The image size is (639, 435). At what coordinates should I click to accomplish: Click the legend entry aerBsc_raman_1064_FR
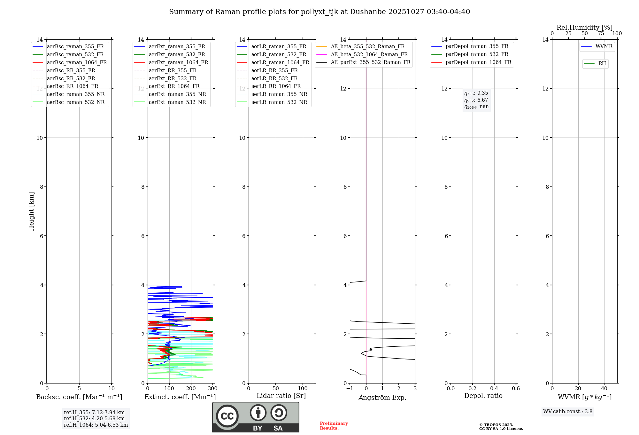point(77,63)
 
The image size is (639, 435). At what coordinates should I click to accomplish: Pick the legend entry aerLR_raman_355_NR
point(279,94)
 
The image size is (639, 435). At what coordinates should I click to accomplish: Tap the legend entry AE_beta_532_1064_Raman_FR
point(369,55)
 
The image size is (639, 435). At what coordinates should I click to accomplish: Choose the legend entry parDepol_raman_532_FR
point(477,54)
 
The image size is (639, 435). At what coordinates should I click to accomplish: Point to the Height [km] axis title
point(31,211)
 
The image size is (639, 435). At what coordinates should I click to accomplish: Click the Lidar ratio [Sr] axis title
point(281,396)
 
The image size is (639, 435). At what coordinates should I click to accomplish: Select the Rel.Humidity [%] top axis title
point(584,28)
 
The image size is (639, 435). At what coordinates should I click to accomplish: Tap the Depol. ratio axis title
point(483,396)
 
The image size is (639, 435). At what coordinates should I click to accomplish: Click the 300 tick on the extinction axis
point(212,389)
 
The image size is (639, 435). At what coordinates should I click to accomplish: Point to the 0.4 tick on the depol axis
point(494,389)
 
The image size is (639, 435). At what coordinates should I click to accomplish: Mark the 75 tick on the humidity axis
point(601,34)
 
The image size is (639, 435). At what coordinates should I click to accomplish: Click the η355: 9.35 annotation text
point(476,93)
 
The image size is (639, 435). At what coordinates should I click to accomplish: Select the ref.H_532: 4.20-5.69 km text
point(94,419)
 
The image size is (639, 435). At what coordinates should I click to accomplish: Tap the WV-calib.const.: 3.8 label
point(568,412)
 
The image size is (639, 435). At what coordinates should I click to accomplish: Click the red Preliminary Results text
point(334,426)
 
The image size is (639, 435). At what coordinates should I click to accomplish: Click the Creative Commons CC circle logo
point(227,416)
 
